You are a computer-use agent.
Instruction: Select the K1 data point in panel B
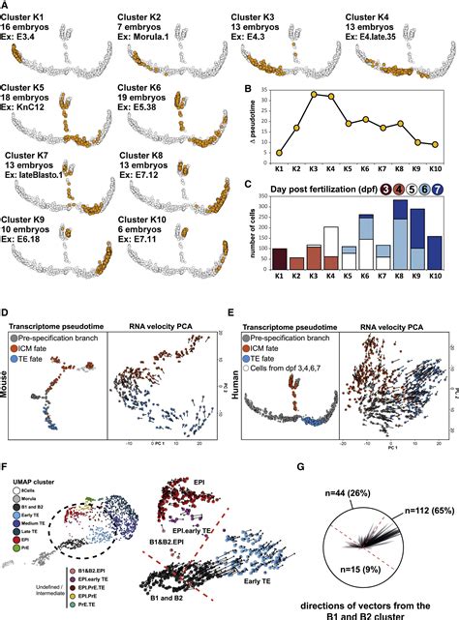280,152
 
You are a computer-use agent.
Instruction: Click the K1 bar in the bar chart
281,264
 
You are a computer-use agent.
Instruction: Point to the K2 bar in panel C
298,271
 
